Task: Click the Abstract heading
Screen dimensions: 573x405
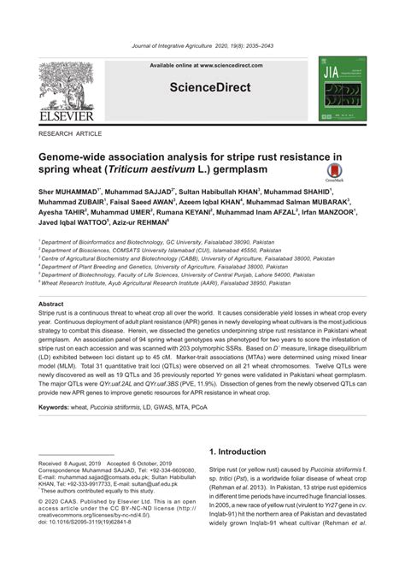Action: (51, 304)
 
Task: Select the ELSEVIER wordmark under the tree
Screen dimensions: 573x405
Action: (66, 115)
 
